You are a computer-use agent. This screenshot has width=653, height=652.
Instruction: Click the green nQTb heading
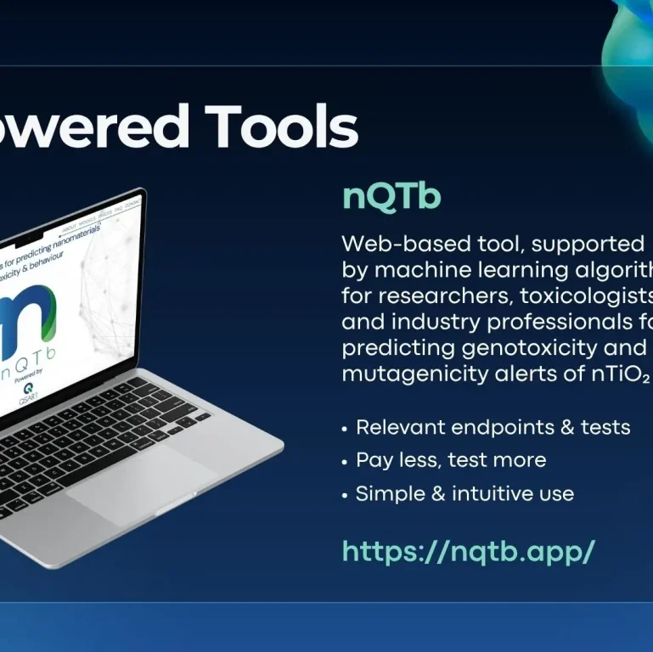tap(391, 196)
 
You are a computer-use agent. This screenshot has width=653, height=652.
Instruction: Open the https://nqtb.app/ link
tap(468, 552)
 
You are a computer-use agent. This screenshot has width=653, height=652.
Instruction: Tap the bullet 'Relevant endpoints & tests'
tap(493, 427)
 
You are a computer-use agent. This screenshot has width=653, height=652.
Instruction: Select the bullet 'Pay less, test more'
tap(451, 460)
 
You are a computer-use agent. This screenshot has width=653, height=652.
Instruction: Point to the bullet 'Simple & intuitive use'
tap(464, 493)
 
